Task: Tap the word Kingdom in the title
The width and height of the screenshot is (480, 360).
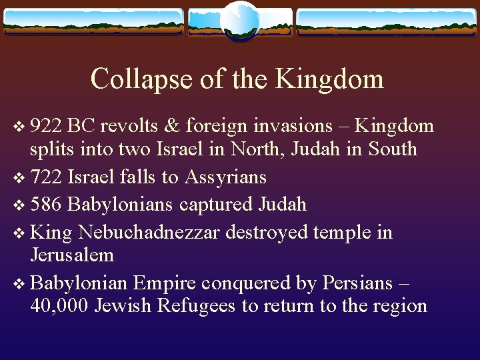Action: coord(330,79)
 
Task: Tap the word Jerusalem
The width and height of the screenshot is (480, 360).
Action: coord(72,255)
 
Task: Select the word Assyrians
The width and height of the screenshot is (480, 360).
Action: coord(225,177)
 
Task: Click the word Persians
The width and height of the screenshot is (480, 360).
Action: coord(357,283)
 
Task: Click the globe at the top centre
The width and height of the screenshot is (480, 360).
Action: coord(239,21)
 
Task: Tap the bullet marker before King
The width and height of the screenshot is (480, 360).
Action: coord(17,233)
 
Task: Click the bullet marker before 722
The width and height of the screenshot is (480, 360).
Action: coord(17,177)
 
